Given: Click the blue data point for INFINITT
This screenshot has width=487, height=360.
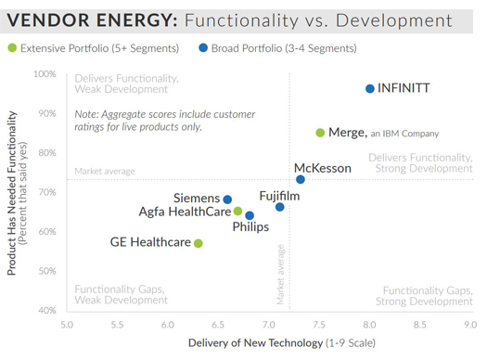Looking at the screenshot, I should click(370, 89).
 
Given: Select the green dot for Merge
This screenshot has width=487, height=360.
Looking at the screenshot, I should click(320, 133).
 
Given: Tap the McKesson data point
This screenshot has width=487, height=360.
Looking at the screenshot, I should click(301, 179).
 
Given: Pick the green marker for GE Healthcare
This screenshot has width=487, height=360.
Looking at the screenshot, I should click(199, 243).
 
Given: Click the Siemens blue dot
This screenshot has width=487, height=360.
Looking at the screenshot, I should click(227, 199).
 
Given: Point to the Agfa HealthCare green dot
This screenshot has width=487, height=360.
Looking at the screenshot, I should click(237, 212).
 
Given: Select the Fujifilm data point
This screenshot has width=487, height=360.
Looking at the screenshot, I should click(280, 207).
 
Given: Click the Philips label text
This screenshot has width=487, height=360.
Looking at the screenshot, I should click(250, 227).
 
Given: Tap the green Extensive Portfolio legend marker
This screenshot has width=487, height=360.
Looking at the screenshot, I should click(11, 48).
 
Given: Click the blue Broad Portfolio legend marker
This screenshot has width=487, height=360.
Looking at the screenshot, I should click(203, 48).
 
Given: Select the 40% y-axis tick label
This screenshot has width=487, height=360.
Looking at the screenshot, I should click(46, 310).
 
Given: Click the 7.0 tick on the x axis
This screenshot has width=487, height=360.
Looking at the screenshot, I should click(269, 326).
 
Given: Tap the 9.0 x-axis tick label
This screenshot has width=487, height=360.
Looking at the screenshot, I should click(470, 326).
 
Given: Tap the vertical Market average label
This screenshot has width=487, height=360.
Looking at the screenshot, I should click(279, 275).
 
